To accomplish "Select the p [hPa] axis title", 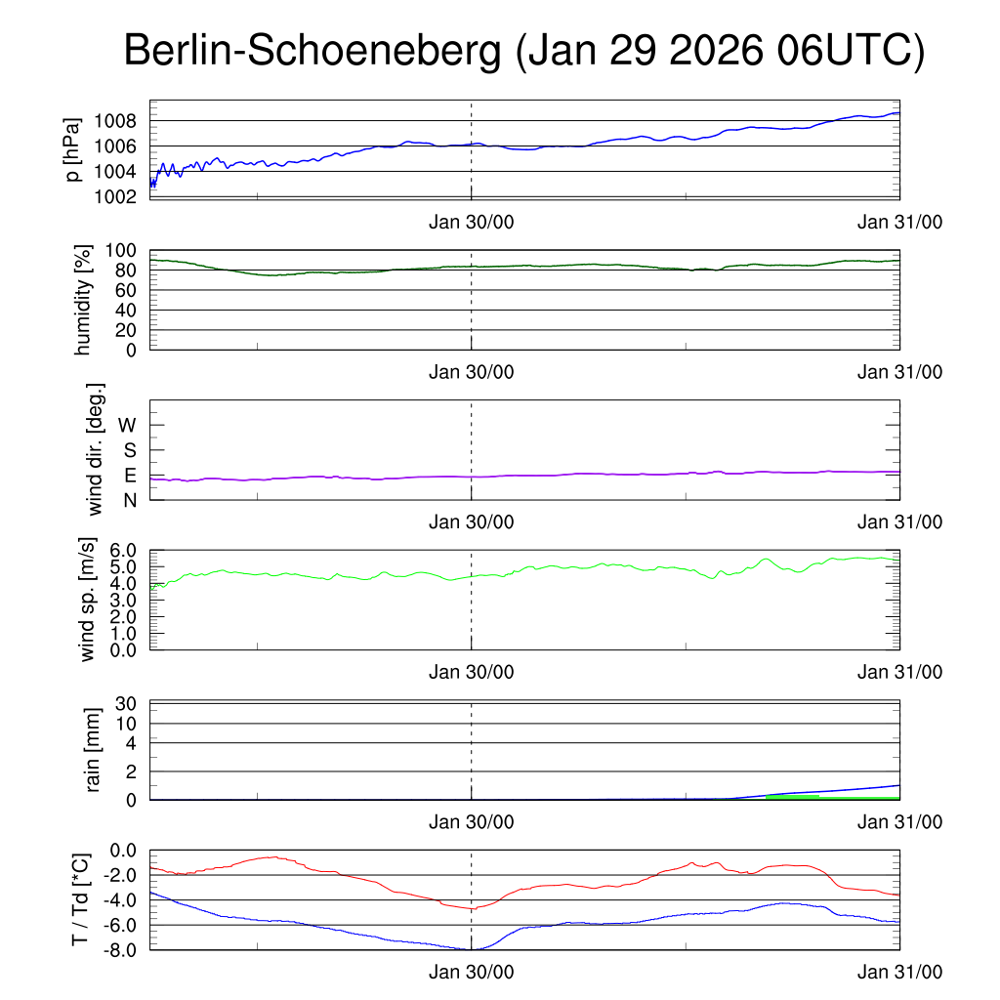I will [x=72, y=148].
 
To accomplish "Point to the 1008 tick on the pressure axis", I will [x=115, y=121].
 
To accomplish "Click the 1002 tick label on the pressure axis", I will [x=115, y=196].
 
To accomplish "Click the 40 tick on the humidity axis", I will [x=126, y=310].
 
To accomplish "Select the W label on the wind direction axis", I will [x=127, y=425].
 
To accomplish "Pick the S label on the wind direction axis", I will [x=129, y=450].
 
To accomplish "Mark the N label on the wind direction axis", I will [x=129, y=500].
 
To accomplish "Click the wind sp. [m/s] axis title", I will [x=89, y=600].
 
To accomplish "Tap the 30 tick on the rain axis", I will [x=126, y=703].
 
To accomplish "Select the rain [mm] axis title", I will [x=94, y=750].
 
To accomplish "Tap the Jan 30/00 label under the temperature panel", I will [x=472, y=973].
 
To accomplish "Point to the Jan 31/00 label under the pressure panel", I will [x=899, y=222].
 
